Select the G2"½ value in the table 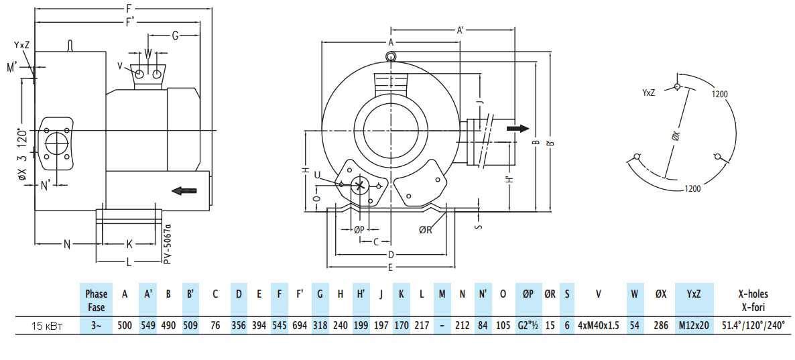click(x=528, y=326)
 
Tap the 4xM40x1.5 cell click(x=599, y=326)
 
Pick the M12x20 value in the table click(x=693, y=326)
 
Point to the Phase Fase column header click(x=96, y=300)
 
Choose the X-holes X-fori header click(x=753, y=300)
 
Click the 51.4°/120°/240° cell click(x=753, y=326)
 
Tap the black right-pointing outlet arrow click(x=517, y=129)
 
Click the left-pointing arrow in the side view click(x=184, y=191)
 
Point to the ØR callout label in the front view click(x=426, y=230)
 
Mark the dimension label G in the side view click(x=175, y=36)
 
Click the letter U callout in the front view click(x=318, y=175)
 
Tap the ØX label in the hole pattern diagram click(x=676, y=135)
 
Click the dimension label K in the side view click(x=129, y=243)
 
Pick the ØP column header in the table click(x=528, y=294)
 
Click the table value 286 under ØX click(x=660, y=326)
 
